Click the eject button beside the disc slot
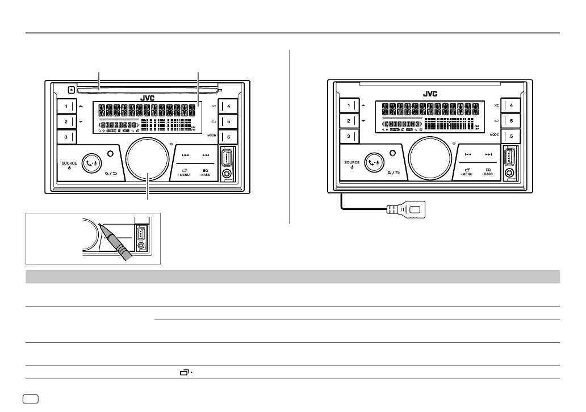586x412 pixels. pyautogui.click(x=70, y=89)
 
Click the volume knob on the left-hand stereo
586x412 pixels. pyautogui.click(x=148, y=158)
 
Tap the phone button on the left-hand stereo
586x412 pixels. pyautogui.click(x=91, y=163)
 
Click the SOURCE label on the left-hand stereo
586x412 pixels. pyautogui.click(x=69, y=163)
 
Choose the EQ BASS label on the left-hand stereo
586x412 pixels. pyautogui.click(x=205, y=173)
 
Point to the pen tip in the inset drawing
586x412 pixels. pyautogui.click(x=99, y=225)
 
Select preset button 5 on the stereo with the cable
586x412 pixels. pyautogui.click(x=510, y=120)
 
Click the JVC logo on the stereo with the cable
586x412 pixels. pyautogui.click(x=429, y=94)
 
